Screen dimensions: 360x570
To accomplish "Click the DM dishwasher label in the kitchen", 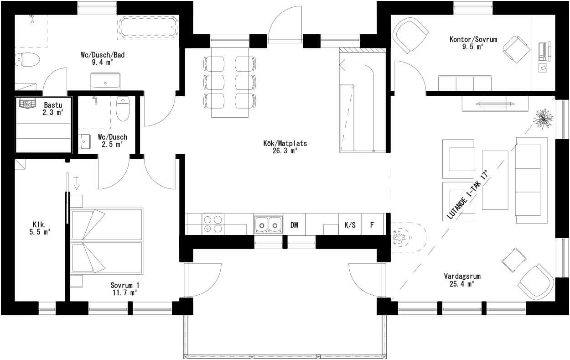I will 294,224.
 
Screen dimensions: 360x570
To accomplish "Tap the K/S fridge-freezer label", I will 350,224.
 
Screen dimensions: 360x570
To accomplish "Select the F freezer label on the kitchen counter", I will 372,224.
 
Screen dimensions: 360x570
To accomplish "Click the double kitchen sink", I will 268,224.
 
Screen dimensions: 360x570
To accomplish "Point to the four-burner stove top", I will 212,224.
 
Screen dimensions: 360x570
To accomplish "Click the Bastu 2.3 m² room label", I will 53,109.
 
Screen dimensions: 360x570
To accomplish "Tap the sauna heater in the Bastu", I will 27,104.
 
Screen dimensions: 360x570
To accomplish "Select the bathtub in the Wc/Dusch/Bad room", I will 148,28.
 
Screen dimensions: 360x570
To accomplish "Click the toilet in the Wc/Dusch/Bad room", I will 27,59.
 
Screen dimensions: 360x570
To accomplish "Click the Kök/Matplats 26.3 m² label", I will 284,146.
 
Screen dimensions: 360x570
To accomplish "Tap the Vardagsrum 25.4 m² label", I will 462,280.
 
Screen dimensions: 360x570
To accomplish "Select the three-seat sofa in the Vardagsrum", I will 532,180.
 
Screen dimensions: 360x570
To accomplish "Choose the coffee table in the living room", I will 495,180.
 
